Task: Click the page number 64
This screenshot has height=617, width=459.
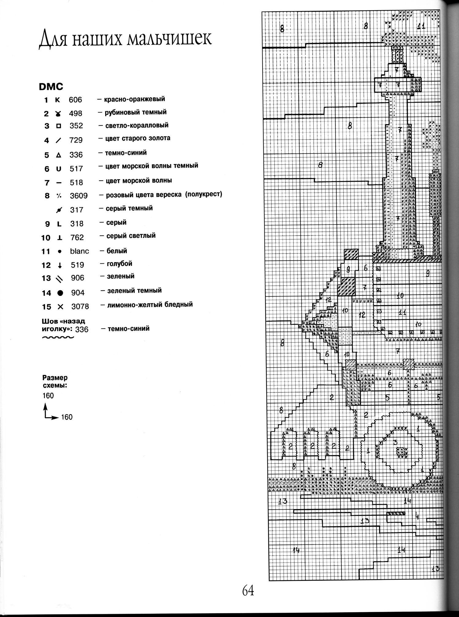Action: point(248,590)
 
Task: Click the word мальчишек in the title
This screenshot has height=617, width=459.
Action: point(169,39)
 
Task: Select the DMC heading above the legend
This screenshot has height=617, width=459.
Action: point(51,87)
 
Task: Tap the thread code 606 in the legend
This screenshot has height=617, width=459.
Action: point(75,100)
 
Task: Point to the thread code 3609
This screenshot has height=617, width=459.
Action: point(79,196)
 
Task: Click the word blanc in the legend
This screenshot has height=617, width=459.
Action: point(80,251)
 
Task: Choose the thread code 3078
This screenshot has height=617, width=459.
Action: point(80,307)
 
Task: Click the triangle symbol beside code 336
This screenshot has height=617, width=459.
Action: point(58,155)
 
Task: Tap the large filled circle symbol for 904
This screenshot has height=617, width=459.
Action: point(60,293)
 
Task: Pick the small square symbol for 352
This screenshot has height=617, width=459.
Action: point(58,126)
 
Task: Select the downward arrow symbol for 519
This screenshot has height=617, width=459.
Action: point(60,266)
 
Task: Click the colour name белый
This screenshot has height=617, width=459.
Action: point(117,251)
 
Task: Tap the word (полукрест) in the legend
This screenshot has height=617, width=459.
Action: point(203,194)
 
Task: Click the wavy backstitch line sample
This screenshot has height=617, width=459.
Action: point(58,338)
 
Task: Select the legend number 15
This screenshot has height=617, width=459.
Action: point(47,307)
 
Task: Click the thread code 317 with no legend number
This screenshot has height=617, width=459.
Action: point(76,210)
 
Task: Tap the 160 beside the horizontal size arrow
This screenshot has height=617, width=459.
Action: point(67,417)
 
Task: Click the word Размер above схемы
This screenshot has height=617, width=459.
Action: point(55,378)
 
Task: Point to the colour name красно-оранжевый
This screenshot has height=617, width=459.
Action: point(134,99)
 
